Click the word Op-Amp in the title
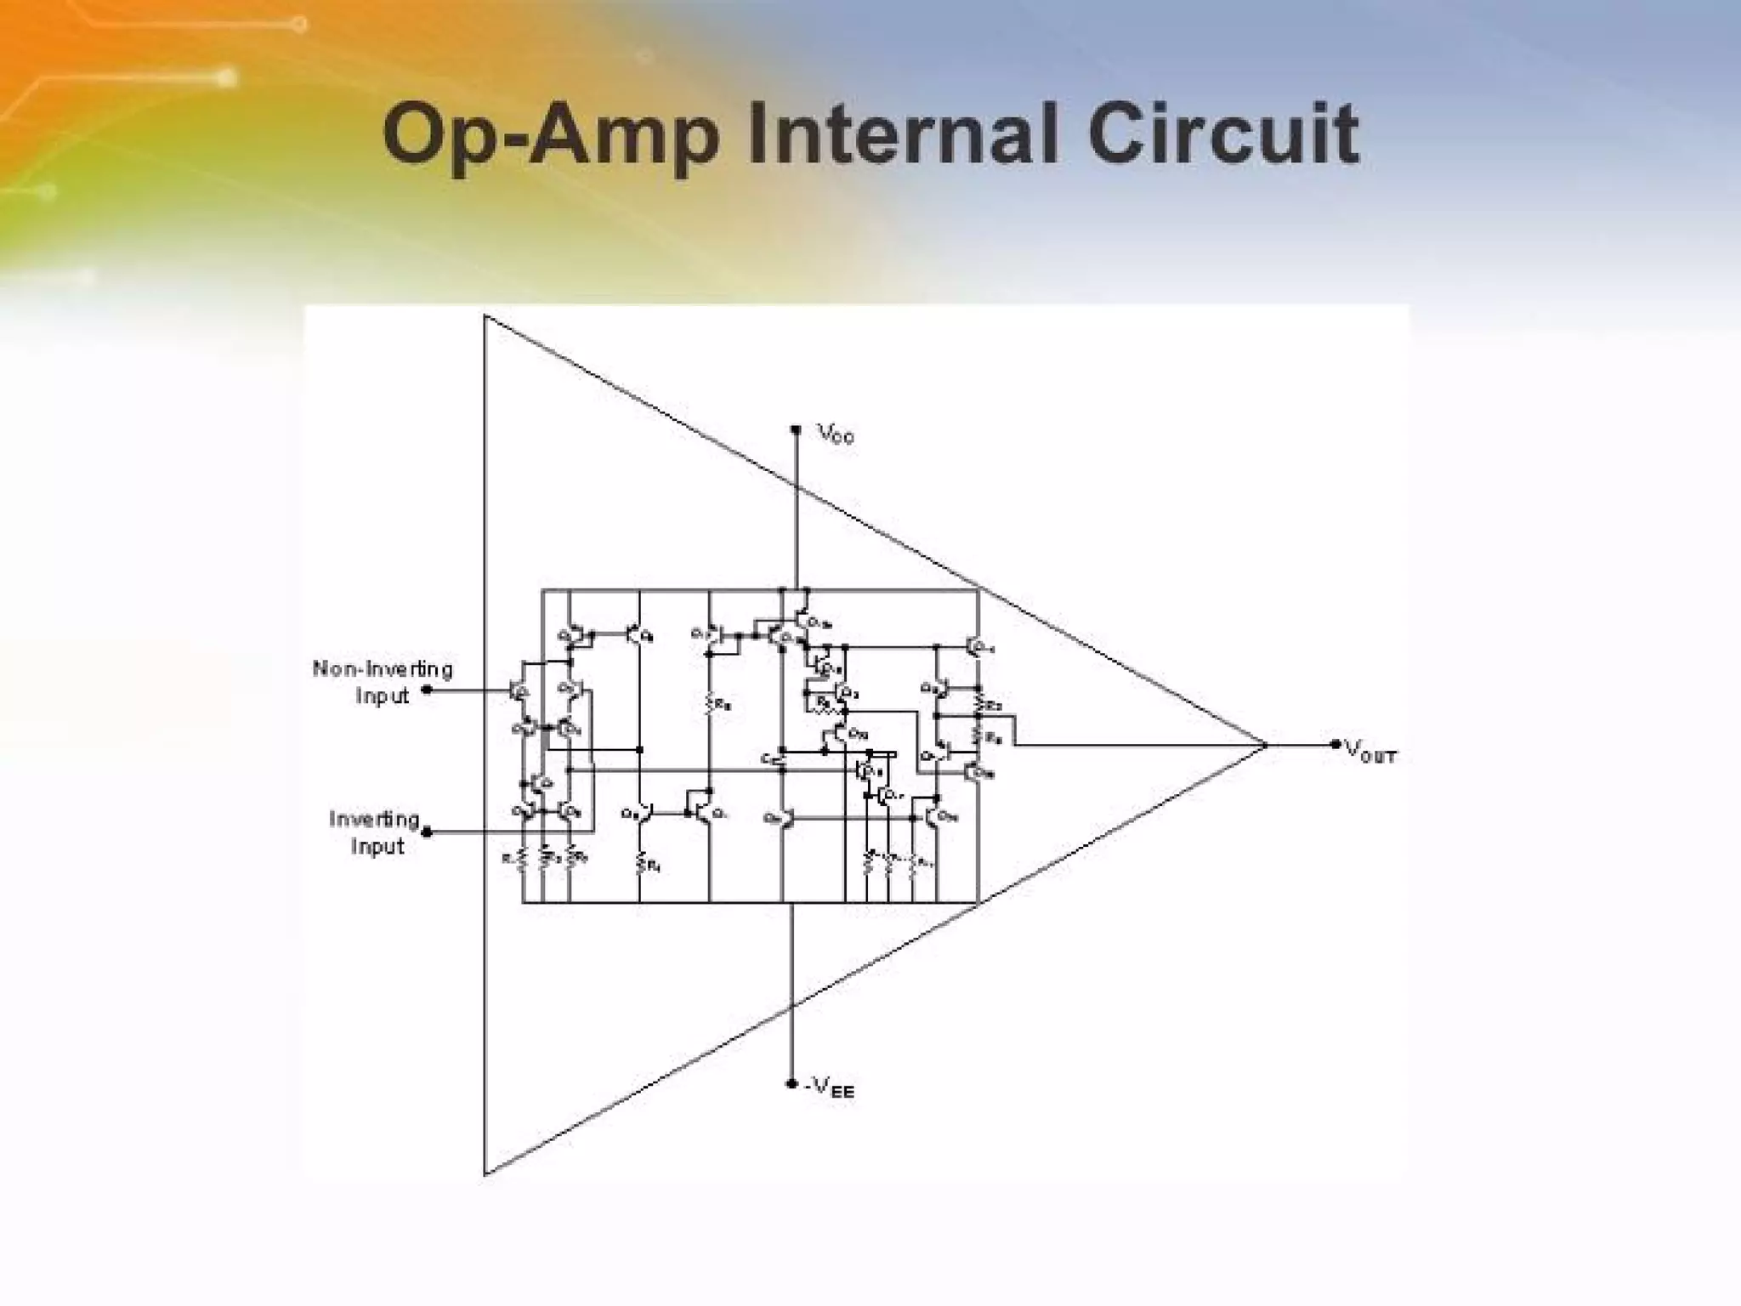tap(550, 136)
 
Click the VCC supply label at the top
tap(836, 435)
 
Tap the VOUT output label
tap(1370, 751)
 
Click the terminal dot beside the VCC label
tap(796, 430)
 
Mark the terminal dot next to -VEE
tap(791, 1084)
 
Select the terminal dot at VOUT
tap(1336, 745)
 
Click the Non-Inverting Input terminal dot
tap(427, 690)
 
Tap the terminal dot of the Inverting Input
tap(427, 832)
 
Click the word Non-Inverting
tap(383, 669)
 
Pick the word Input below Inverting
tap(377, 847)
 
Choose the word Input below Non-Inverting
tap(382, 696)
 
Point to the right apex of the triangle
tap(1265, 745)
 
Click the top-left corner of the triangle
tap(485, 316)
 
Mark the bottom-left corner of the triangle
tap(485, 1174)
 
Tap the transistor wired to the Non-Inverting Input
tap(518, 690)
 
